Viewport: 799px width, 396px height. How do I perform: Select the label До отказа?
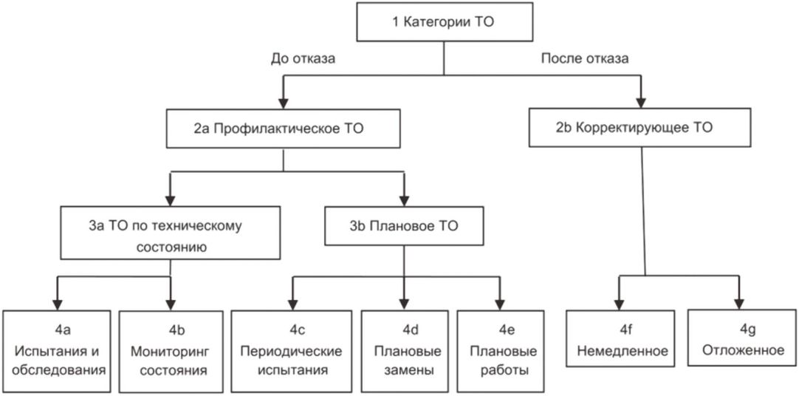303,58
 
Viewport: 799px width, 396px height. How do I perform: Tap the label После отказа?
584,58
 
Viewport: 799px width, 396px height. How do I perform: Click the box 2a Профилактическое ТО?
284,129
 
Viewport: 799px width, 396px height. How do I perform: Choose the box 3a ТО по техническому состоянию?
171,233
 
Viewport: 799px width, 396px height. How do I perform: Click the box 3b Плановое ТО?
404,226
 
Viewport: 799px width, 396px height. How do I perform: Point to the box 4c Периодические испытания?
292,351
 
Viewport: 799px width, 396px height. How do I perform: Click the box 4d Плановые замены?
404,351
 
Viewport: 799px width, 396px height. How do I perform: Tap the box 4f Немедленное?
620,338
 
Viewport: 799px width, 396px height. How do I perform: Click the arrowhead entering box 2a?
284,101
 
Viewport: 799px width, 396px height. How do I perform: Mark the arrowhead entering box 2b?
640,100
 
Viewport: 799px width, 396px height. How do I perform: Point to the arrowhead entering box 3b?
404,199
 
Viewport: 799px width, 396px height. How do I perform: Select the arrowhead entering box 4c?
292,303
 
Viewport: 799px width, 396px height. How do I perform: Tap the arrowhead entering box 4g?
738,301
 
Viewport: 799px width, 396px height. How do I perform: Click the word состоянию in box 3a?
170,247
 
